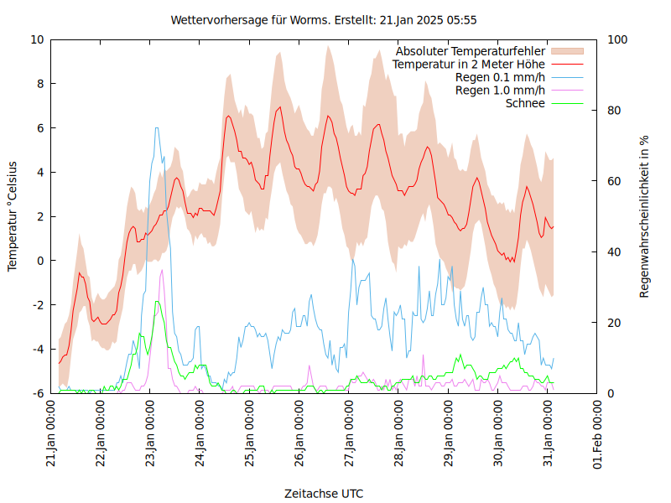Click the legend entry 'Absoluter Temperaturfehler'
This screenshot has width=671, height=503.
(x=470, y=51)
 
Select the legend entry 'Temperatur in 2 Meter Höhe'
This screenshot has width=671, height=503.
(x=469, y=64)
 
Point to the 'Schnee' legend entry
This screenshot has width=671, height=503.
(x=525, y=103)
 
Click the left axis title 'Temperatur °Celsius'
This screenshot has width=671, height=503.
(x=13, y=216)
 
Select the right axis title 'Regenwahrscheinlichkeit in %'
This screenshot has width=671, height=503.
(x=645, y=216)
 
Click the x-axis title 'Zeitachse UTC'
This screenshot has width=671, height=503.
(x=324, y=493)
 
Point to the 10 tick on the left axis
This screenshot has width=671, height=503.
(x=37, y=39)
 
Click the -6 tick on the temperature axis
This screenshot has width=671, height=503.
(x=37, y=393)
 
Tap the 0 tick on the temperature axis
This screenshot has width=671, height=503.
(x=40, y=261)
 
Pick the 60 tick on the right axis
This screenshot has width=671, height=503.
(x=612, y=181)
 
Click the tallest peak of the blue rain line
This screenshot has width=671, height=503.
(x=156, y=128)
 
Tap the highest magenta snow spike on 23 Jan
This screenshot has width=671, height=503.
(x=162, y=270)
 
